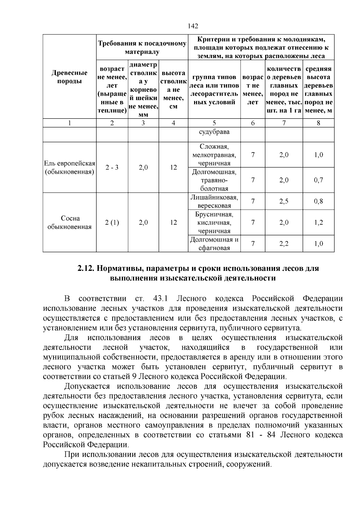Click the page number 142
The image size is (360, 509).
tap(193, 26)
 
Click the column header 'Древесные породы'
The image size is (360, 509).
tap(69, 77)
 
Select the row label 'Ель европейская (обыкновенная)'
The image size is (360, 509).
tap(69, 168)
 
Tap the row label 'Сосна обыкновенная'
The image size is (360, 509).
tap(69, 222)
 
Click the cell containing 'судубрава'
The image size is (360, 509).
tap(214, 132)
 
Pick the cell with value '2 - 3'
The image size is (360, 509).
tap(112, 167)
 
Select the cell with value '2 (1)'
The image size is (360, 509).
tap(112, 223)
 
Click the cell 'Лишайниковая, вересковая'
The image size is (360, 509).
tap(214, 202)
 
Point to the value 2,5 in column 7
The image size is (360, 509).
tap(284, 202)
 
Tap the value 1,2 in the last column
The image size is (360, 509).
tap(319, 223)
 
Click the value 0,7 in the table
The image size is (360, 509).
tap(319, 180)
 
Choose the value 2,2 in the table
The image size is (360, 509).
tap(284, 244)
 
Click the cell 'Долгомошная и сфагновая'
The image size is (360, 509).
tap(214, 244)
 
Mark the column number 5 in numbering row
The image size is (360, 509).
tap(214, 123)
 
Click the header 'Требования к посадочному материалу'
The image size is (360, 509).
tap(142, 48)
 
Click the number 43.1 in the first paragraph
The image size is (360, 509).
tap(160, 299)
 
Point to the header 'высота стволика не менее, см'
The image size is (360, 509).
tap(173, 90)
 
